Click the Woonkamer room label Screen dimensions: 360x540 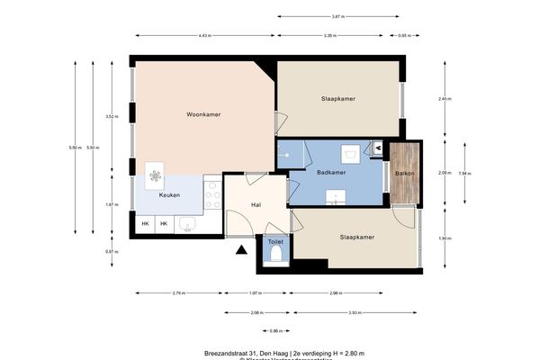click(x=203, y=114)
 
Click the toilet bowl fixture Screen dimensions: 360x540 click(x=276, y=256)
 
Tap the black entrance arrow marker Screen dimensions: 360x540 click(x=240, y=252)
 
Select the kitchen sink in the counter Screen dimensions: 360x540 click(x=189, y=223)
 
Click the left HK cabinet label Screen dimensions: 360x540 click(x=145, y=223)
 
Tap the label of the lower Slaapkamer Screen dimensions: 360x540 click(x=357, y=237)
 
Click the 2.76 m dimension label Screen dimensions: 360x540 click(x=178, y=293)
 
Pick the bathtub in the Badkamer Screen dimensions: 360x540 click(x=289, y=154)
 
